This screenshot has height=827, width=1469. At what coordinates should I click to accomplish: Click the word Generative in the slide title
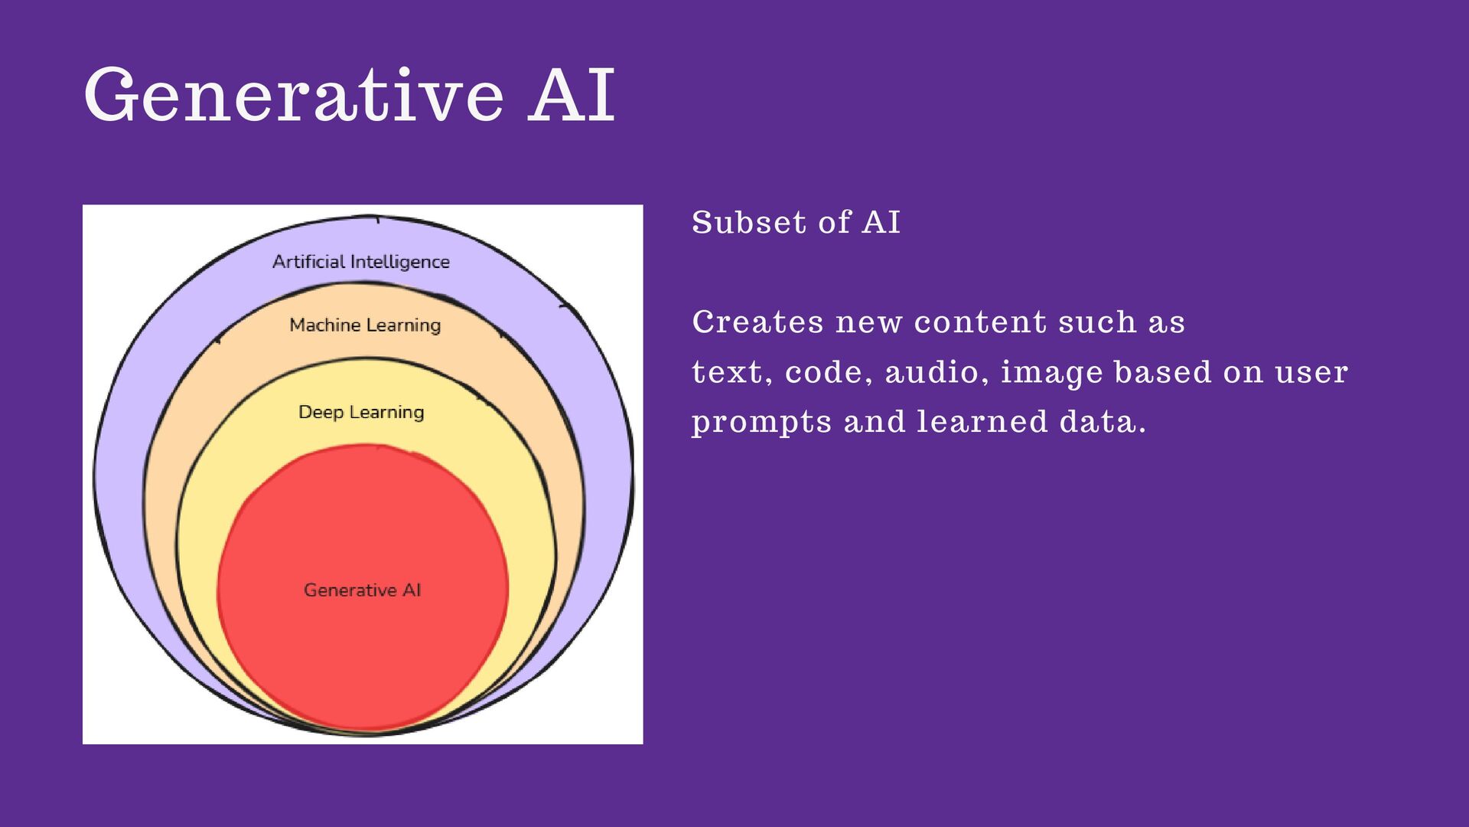tap(294, 95)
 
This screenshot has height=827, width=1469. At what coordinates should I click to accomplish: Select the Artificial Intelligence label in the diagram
tap(360, 262)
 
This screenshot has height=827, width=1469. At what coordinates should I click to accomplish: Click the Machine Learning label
tap(365, 325)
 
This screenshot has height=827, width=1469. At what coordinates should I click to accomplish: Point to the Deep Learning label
tap(361, 412)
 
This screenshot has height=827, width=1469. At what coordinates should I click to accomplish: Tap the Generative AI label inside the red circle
tap(362, 590)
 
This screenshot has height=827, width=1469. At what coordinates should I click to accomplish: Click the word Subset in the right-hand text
tap(749, 223)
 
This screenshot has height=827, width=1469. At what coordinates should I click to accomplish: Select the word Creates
tap(757, 322)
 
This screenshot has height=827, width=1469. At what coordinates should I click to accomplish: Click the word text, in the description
tap(731, 373)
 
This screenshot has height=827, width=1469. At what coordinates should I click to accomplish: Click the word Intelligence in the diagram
tap(399, 262)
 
